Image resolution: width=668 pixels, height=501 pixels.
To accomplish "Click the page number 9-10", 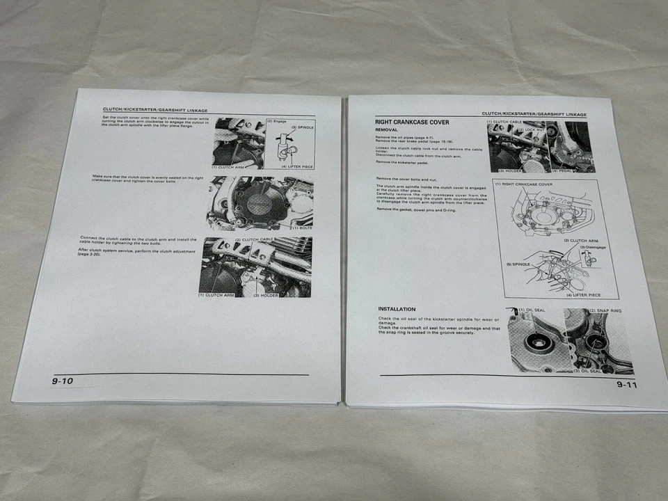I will pos(63,381).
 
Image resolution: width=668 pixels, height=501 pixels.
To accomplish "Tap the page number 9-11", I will pos(626,384).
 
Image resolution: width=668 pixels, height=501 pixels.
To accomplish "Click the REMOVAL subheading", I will pos(387,130).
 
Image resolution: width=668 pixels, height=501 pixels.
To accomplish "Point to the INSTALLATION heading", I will pos(397,309).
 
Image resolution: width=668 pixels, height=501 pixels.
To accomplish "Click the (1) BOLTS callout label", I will pos(301,228).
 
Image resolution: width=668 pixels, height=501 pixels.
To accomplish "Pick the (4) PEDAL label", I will pos(564,170).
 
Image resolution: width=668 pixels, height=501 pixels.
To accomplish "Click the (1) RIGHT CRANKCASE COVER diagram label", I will pos(523,184).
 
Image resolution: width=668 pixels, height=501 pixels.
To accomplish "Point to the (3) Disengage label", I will pos(591,246).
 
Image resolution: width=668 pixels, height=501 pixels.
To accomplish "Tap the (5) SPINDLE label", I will pos(518,264).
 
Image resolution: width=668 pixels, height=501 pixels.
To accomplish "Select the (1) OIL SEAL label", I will pos(532,310).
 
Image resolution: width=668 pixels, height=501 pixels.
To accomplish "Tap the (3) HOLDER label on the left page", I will pos(266,295).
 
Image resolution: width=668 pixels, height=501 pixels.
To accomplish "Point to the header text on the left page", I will pos(154,110).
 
